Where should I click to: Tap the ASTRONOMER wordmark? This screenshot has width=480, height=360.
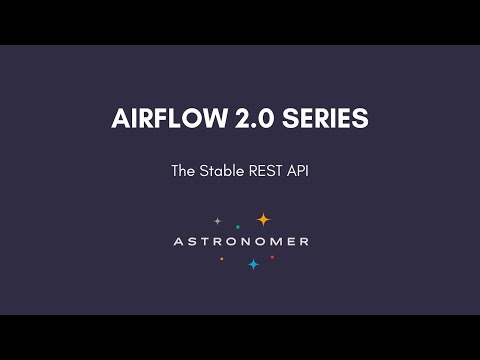pyautogui.click(x=240, y=241)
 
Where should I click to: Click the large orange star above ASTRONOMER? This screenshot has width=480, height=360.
pyautogui.click(x=263, y=220)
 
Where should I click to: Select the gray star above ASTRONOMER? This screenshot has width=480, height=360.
pyautogui.click(x=217, y=220)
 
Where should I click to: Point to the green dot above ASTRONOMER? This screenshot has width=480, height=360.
pyautogui.click(x=237, y=227)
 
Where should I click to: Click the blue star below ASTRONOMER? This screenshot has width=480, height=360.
pyautogui.click(x=253, y=264)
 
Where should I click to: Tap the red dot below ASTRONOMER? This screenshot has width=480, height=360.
pyautogui.click(x=272, y=257)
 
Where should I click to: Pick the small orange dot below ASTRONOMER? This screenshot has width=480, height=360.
pyautogui.click(x=222, y=258)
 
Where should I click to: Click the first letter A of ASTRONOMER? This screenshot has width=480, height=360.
pyautogui.click(x=177, y=241)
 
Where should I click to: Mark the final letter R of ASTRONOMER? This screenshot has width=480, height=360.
pyautogui.click(x=304, y=241)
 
